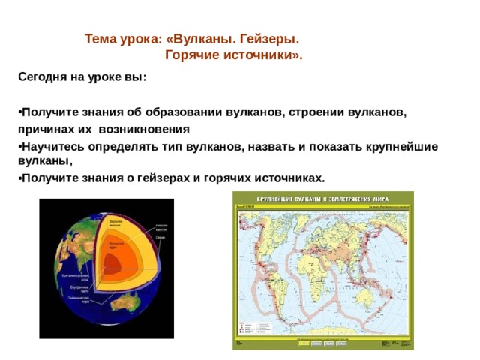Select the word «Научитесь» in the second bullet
pyautogui.click(x=53, y=146)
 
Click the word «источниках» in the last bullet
pyautogui.click(x=284, y=178)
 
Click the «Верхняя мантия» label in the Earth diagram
pyautogui.click(x=115, y=223)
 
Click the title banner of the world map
pyautogui.click(x=322, y=199)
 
